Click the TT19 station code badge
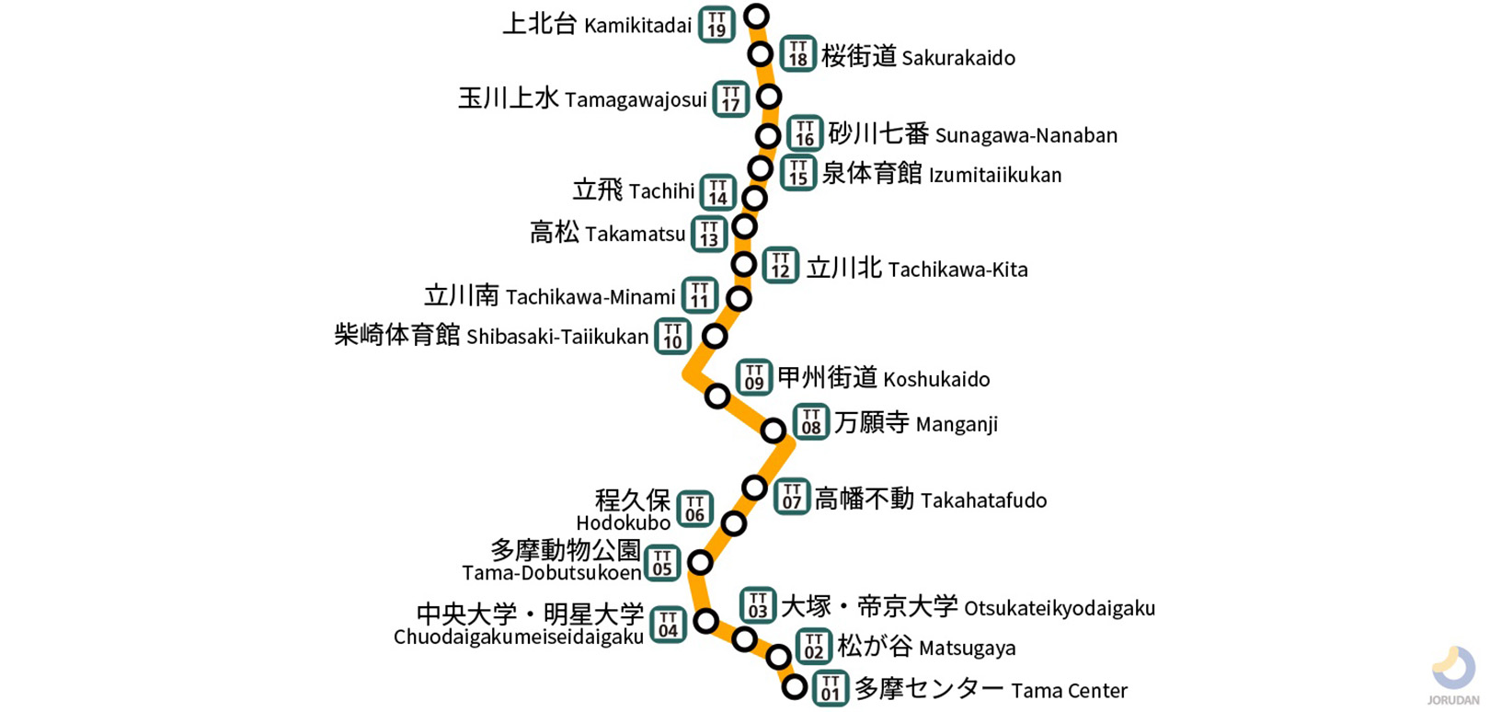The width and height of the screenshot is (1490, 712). (716, 25)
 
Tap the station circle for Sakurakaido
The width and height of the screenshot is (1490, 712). (760, 54)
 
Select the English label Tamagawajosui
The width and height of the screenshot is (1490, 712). (636, 99)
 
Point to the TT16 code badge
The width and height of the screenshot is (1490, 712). (804, 133)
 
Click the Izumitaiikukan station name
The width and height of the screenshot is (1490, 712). (994, 175)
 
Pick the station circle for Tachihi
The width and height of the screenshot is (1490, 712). (754, 198)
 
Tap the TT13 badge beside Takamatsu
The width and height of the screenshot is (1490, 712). (708, 234)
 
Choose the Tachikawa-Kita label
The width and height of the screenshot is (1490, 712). (957, 270)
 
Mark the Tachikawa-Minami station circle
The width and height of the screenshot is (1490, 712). (739, 298)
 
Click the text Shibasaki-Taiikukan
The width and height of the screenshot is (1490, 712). (557, 337)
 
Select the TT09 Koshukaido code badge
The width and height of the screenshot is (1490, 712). (753, 377)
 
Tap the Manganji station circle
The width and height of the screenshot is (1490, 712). (774, 430)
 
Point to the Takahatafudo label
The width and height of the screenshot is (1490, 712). (983, 500)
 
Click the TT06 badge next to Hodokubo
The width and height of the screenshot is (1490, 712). (694, 509)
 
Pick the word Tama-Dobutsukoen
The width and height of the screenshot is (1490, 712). (551, 573)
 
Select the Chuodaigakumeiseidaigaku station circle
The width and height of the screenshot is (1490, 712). (705, 621)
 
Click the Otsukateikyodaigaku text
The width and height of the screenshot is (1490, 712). (1059, 608)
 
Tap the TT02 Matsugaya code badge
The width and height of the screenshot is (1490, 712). (813, 647)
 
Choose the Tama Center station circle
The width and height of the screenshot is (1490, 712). (795, 686)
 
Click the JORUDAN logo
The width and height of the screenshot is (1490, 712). (1453, 676)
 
